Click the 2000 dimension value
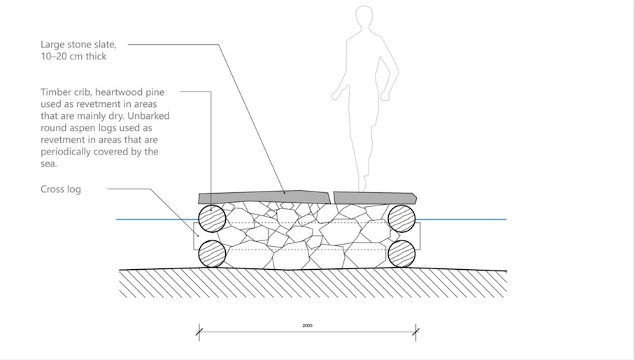point(308,326)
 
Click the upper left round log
point(212,219)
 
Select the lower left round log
point(212,254)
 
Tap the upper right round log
point(401,219)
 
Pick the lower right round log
point(401,254)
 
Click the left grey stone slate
point(264,198)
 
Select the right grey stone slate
point(375,198)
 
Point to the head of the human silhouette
point(364,16)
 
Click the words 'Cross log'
point(61,189)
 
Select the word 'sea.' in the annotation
point(49,164)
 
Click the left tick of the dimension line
point(199,333)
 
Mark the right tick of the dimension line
point(416,333)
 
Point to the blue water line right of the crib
point(461,219)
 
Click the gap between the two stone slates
point(332,198)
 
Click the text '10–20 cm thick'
point(73,57)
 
